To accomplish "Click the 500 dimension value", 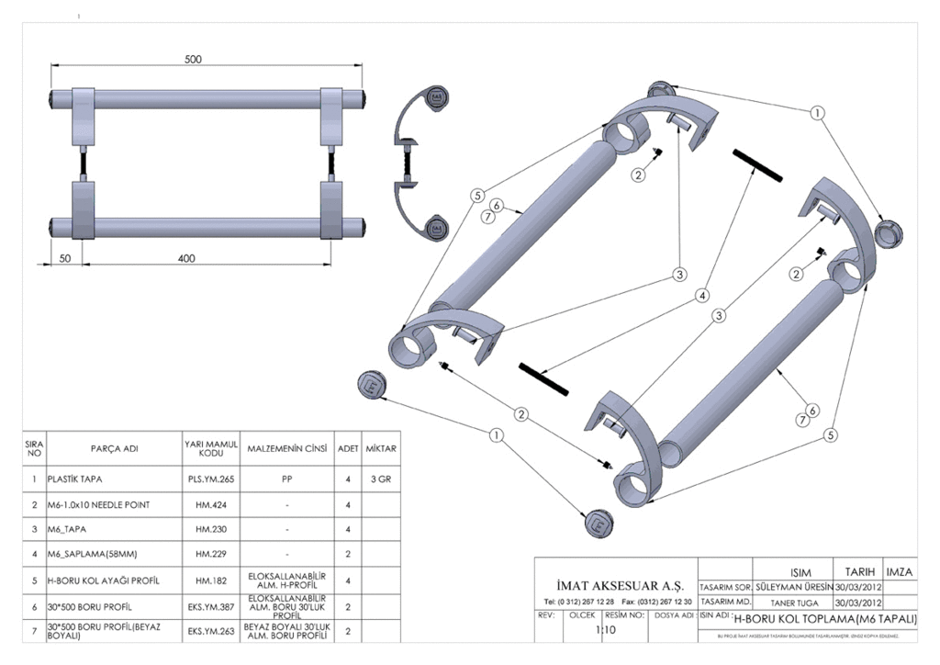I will click(193, 59).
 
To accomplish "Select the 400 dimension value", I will click(186, 258).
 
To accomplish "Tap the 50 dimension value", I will click(64, 258).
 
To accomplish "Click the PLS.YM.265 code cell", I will click(211, 479).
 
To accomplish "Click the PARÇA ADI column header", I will click(114, 449).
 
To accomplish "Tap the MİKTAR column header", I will click(381, 449).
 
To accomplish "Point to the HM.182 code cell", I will click(211, 581).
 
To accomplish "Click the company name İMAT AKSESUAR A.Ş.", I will click(615, 585).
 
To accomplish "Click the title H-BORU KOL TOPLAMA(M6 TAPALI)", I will click(825, 619).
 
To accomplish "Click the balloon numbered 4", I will click(701, 296).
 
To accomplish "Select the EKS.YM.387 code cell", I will click(211, 607).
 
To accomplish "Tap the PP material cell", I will click(286, 479).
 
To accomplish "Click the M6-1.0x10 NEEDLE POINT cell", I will click(101, 504).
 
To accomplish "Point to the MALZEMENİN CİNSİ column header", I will click(286, 449).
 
